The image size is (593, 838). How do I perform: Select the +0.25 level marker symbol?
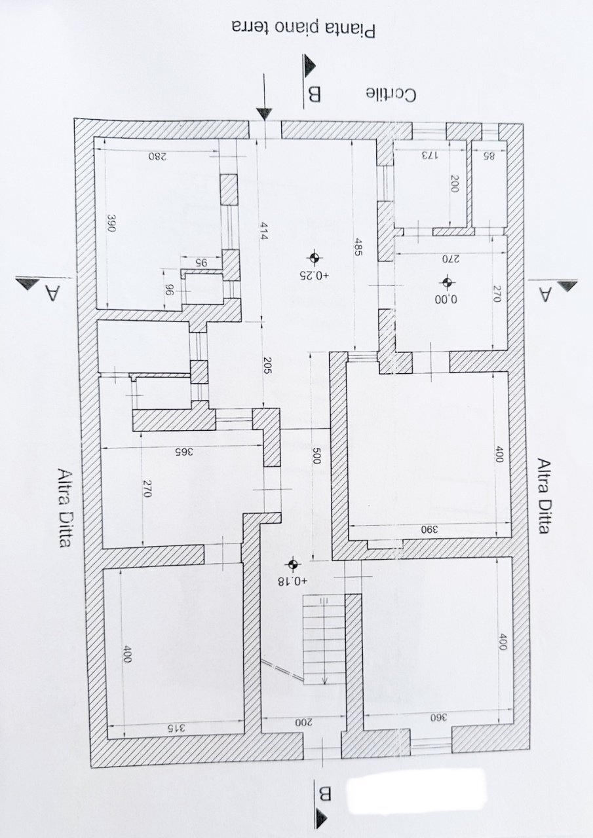click(x=314, y=257)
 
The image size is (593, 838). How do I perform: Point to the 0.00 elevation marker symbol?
click(x=447, y=283)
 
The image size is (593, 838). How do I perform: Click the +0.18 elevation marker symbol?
click(x=292, y=564)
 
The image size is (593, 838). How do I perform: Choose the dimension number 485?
click(x=357, y=251)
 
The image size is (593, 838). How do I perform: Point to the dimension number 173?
click(x=428, y=156)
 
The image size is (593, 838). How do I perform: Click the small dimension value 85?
click(x=488, y=156)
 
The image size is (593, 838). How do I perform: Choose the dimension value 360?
click(x=438, y=718)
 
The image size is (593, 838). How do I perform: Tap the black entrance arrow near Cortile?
click(x=264, y=113)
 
